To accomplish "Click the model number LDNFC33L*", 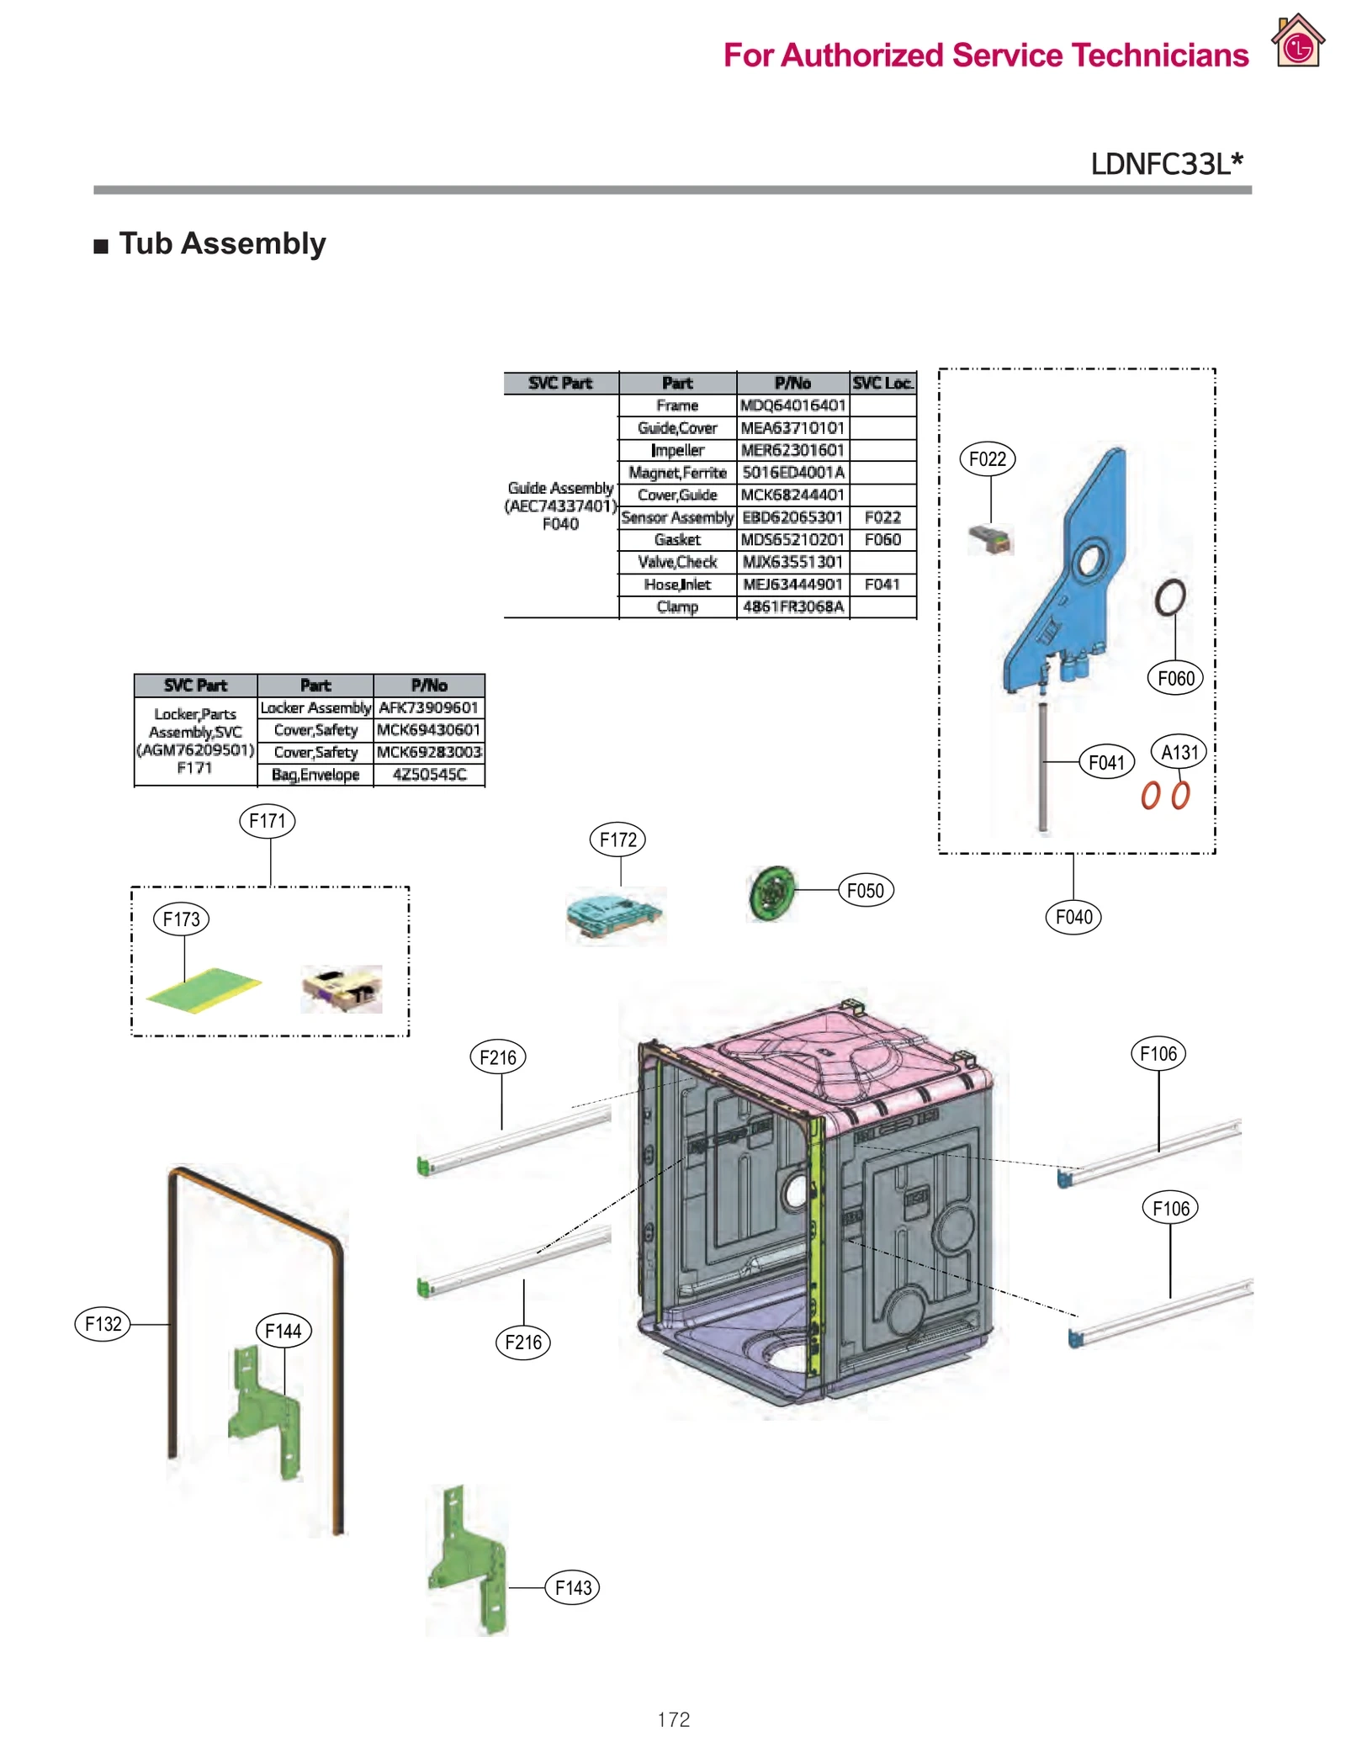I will coord(1165,163).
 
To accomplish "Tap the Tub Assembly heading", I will coord(221,244).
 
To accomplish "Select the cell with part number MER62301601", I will coord(792,450).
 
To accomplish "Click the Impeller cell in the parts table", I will coord(676,450).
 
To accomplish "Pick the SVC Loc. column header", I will coord(882,383).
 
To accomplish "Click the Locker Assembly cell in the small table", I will coord(315,707).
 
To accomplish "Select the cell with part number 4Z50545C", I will coord(428,774).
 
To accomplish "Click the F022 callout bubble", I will coord(987,459).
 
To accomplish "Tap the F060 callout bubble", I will coord(1174,678).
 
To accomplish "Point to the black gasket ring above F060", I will coord(1169,597).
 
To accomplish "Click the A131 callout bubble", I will coord(1178,752).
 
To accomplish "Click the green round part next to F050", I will coord(770,894).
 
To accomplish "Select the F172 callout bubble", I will coord(617,839).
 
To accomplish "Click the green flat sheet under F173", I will coord(204,990).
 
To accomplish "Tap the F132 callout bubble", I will coord(103,1324).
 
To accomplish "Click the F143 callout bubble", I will coord(572,1587).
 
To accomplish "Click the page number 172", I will coord(673,1719).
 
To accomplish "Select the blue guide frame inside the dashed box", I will coord(1068,572).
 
